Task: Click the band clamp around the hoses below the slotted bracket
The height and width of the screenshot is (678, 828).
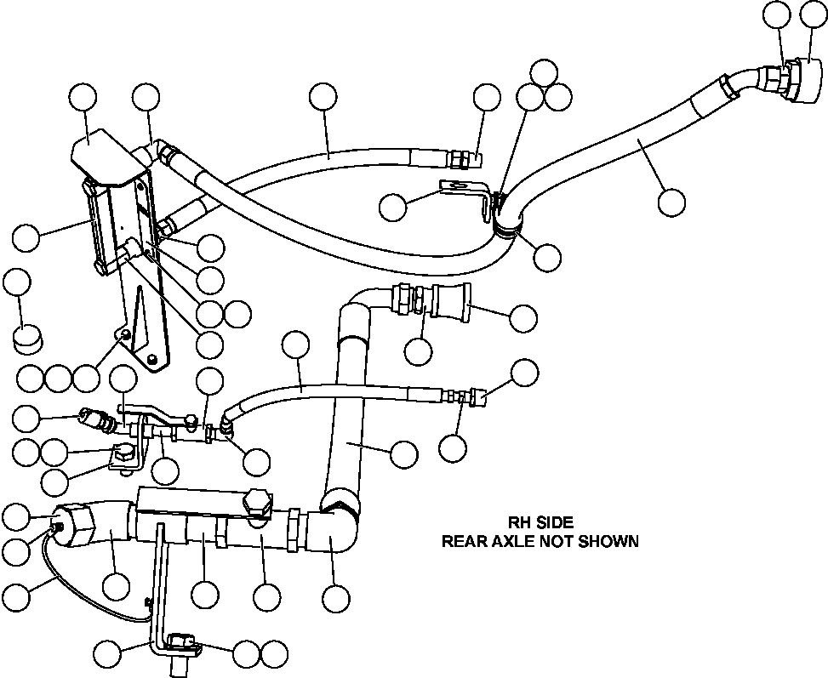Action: [505, 223]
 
